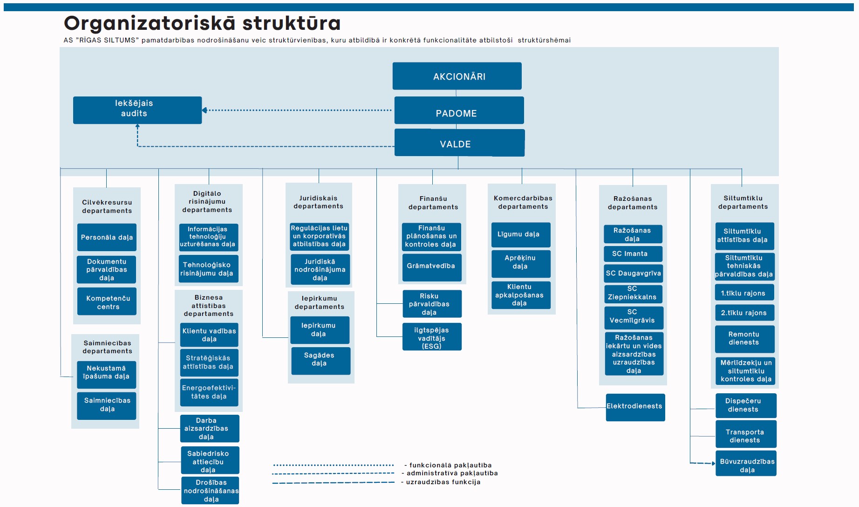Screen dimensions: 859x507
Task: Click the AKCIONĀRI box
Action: (x=457, y=76)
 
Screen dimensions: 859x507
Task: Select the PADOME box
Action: (x=459, y=110)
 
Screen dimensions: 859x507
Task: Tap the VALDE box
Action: (x=459, y=143)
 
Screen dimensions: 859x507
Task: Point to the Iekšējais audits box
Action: (x=137, y=110)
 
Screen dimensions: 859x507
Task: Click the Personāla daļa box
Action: (x=107, y=237)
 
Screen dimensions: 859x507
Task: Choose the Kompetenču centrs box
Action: (x=107, y=301)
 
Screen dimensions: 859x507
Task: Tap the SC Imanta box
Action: (x=633, y=254)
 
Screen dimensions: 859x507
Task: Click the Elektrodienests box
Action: (x=635, y=407)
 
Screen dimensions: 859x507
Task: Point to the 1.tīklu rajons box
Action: (x=744, y=293)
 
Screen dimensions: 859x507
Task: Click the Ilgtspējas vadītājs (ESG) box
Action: (x=432, y=336)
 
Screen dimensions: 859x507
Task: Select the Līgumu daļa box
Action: (x=521, y=235)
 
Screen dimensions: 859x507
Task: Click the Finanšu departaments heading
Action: (x=433, y=203)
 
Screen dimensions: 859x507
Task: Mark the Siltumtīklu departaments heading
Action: (x=743, y=202)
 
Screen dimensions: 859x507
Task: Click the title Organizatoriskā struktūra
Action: (x=202, y=23)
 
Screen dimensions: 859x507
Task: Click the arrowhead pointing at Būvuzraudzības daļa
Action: (x=713, y=463)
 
